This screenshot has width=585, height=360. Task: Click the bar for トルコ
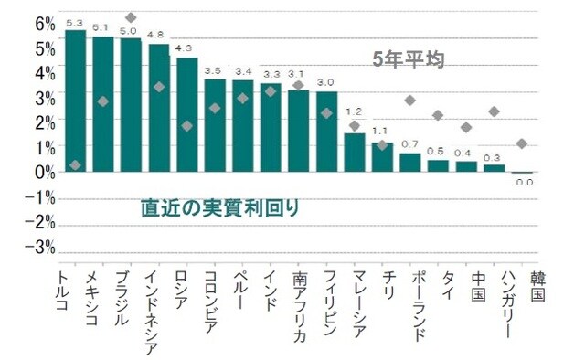[75, 101]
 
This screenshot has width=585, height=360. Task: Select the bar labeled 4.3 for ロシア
[186, 114]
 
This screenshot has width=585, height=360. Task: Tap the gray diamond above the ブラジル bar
[131, 17]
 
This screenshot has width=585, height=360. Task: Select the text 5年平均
[407, 61]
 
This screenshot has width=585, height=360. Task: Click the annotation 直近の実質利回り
[220, 207]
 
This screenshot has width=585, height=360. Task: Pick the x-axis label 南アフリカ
[298, 305]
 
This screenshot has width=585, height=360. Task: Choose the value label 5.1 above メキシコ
[102, 28]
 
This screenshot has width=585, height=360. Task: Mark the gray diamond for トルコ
[75, 164]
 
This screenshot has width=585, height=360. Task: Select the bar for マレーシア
[354, 152]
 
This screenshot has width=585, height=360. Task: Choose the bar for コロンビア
[215, 125]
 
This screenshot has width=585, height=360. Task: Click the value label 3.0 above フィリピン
[325, 83]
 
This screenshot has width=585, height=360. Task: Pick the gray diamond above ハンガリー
[495, 111]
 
